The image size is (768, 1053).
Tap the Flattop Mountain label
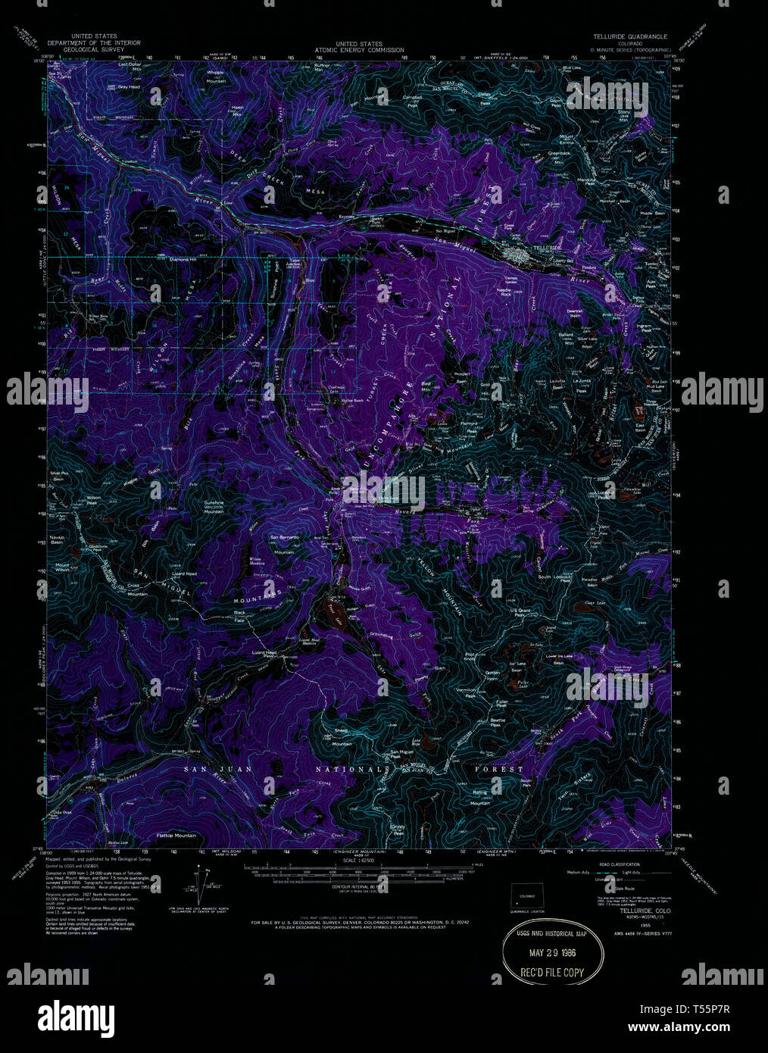point(176,835)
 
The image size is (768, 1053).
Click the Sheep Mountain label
point(342,740)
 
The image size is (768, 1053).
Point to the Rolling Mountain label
point(480,795)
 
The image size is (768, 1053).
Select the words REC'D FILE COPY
point(555,973)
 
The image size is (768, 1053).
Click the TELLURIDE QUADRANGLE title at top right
point(630,36)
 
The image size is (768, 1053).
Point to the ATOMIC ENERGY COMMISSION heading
point(349,50)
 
